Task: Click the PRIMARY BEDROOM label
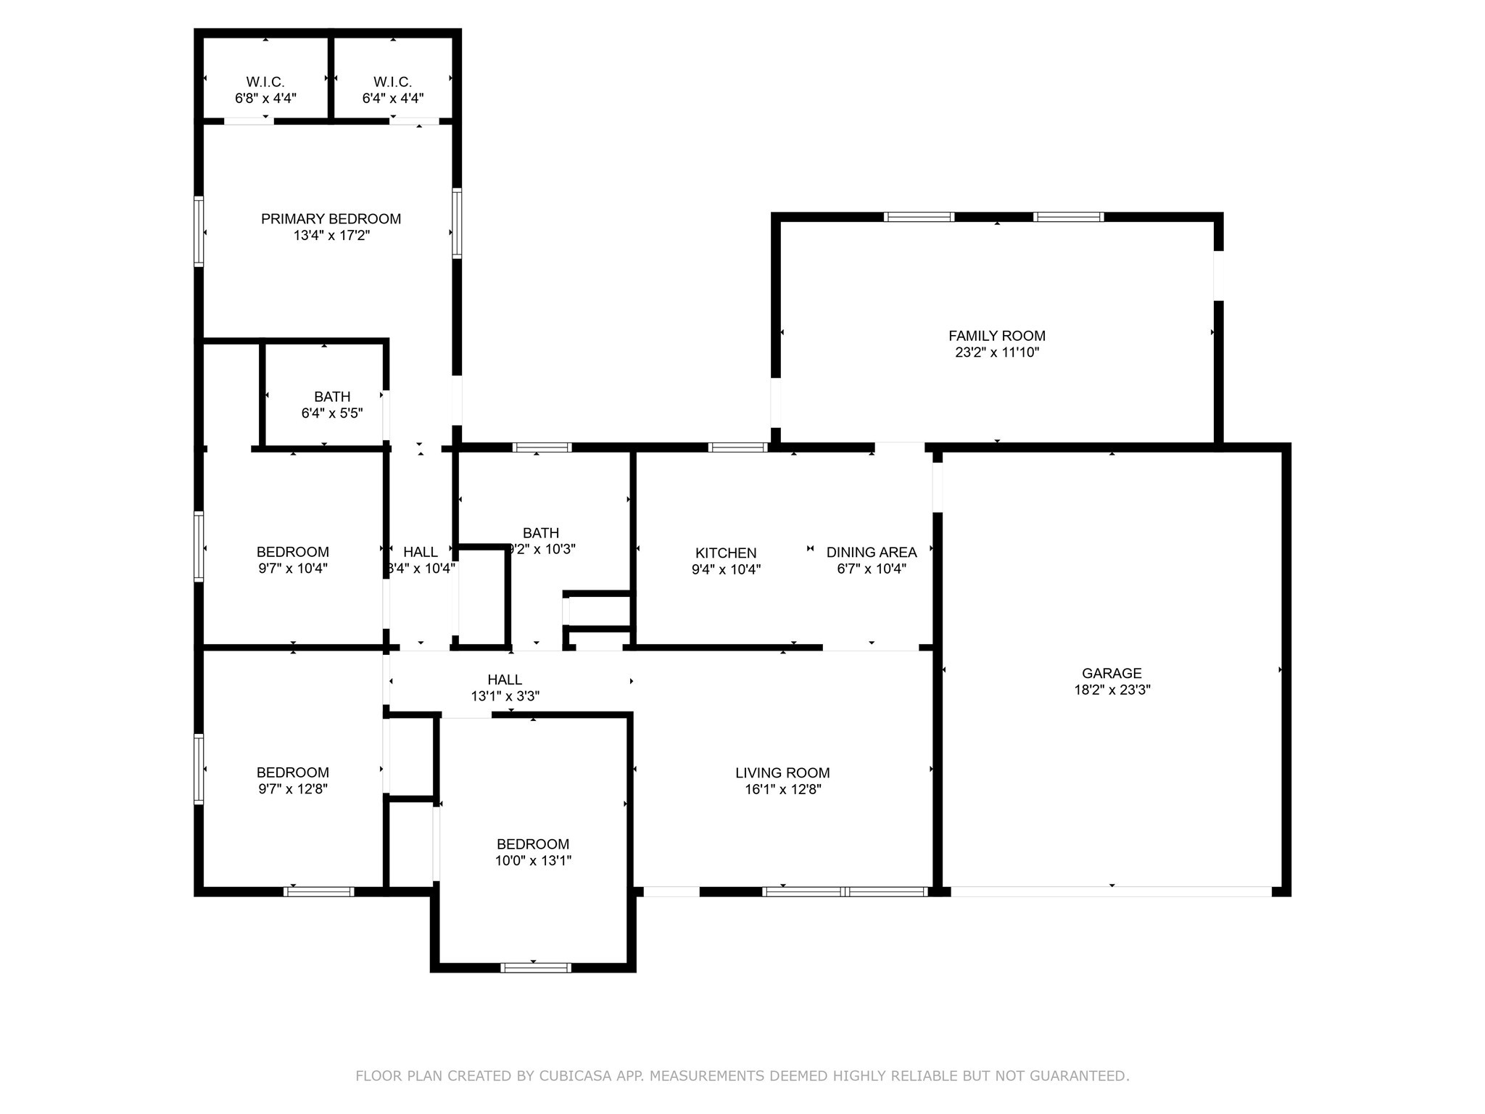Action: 331,219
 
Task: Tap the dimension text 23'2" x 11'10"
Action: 997,353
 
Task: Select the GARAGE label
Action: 1112,673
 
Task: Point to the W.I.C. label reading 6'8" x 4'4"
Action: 265,82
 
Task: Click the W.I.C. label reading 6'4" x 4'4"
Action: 392,82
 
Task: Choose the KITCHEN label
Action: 726,553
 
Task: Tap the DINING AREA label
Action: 872,553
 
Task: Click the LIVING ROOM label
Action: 782,773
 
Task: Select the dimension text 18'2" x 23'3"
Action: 1112,690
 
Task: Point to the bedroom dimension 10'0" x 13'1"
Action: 533,861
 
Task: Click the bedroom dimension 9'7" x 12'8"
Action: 293,789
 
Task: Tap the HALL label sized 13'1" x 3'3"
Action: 505,680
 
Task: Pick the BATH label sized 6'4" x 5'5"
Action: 332,397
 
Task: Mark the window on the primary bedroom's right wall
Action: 457,223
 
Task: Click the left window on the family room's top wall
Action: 919,217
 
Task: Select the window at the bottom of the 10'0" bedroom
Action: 536,967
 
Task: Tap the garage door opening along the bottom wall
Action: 1111,891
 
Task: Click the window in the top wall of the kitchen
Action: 737,447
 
